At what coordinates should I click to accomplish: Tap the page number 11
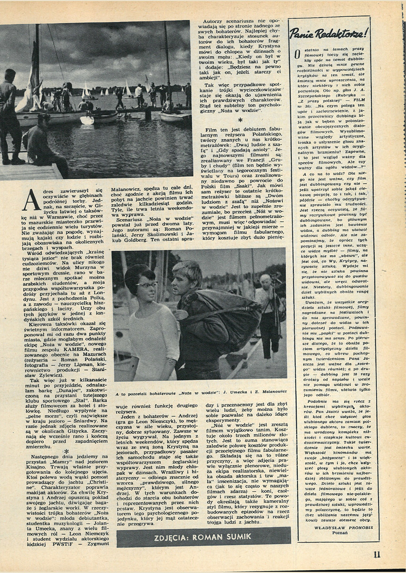(377, 554)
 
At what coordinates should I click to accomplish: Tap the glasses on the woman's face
(146, 285)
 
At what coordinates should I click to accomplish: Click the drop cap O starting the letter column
(297, 58)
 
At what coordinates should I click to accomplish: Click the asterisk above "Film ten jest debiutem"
(240, 121)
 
